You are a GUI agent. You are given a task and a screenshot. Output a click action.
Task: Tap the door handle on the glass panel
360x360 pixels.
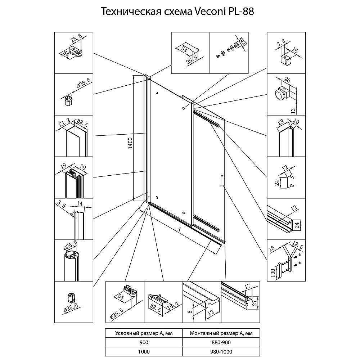[x=221, y=180]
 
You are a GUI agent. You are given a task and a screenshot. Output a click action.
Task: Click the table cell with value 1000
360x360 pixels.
[x=144, y=351]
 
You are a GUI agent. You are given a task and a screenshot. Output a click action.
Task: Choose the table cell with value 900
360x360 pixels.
[x=144, y=342]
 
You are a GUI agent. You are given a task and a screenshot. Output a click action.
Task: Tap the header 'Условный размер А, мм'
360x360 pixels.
[x=144, y=333]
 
